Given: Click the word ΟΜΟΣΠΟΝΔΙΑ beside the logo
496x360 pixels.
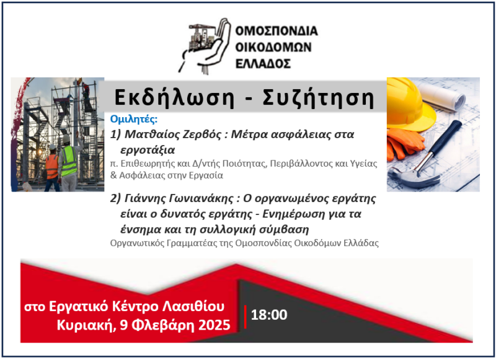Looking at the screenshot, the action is tap(277, 30).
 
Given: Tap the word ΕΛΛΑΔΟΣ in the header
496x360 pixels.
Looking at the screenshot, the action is tap(263, 64).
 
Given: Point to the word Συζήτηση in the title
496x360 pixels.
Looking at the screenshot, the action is tap(319, 97).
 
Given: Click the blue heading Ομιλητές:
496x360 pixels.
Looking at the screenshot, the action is tap(134, 119).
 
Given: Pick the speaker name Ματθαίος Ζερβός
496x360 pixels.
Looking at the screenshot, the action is tap(173, 134).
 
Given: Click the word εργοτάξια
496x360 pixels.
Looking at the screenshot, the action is tap(148, 149).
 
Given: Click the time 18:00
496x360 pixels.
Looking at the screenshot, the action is tap(269, 315).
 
